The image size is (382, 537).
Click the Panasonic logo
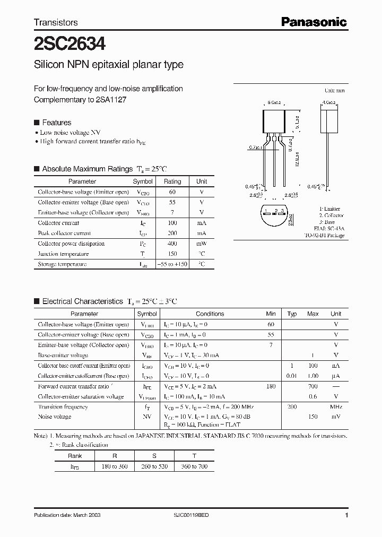[314, 22]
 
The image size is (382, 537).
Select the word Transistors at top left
[56, 22]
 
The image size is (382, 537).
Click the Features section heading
[56, 122]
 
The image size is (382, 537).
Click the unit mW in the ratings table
[202, 244]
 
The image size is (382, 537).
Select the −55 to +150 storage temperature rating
[172, 264]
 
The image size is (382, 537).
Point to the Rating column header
[172, 181]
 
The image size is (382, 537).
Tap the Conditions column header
[210, 314]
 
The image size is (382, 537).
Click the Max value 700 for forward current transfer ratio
[312, 386]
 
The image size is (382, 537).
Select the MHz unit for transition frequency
[335, 406]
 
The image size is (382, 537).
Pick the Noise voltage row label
[55, 417]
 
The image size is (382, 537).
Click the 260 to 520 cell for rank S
[153, 466]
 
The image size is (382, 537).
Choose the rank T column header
[194, 456]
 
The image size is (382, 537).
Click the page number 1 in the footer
[346, 515]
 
